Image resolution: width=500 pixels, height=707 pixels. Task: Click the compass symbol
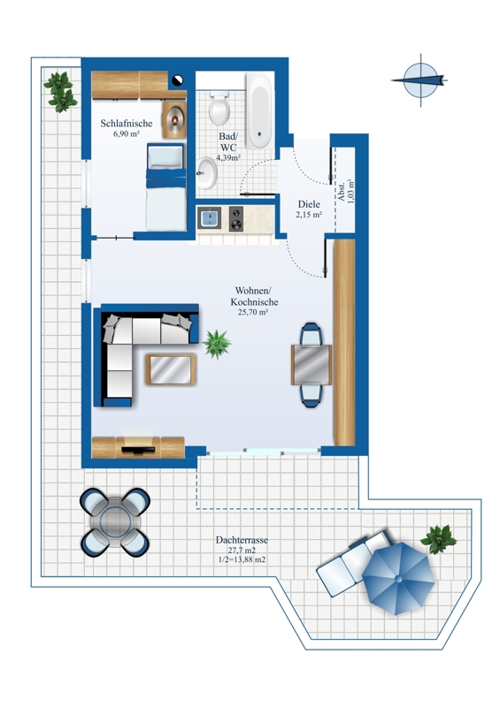pyautogui.click(x=420, y=80)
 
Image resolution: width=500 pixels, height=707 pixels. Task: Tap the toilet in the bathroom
pyautogui.click(x=219, y=108)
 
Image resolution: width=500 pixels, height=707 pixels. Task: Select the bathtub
pyautogui.click(x=259, y=111)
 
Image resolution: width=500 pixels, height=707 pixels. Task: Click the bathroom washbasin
pyautogui.click(x=207, y=172)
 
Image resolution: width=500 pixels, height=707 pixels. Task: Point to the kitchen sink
pyautogui.click(x=209, y=218)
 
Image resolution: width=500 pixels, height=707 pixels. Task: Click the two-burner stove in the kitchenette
pyautogui.click(x=235, y=218)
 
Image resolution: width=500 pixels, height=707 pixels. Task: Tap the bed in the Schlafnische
pyautogui.click(x=165, y=186)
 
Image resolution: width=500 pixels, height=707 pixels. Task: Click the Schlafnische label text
pyautogui.click(x=127, y=123)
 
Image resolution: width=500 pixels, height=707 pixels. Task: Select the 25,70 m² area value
pyautogui.click(x=253, y=312)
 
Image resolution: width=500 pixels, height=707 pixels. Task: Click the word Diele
pyautogui.click(x=309, y=204)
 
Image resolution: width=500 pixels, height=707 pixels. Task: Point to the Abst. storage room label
pyautogui.click(x=342, y=191)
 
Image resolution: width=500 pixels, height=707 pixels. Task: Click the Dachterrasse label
pyautogui.click(x=242, y=540)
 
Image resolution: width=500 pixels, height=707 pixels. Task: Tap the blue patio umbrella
pyautogui.click(x=398, y=579)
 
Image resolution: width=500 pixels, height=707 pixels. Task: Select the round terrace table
pyautogui.click(x=115, y=522)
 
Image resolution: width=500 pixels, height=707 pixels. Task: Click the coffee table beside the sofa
pyautogui.click(x=171, y=369)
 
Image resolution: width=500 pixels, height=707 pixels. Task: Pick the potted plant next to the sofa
pyautogui.click(x=217, y=344)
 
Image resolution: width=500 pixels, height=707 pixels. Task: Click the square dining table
pyautogui.click(x=312, y=365)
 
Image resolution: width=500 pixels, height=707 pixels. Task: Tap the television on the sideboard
pyautogui.click(x=138, y=449)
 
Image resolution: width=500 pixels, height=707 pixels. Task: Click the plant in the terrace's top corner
pyautogui.click(x=60, y=92)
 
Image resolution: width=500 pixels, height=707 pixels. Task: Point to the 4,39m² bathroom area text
pyautogui.click(x=228, y=158)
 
